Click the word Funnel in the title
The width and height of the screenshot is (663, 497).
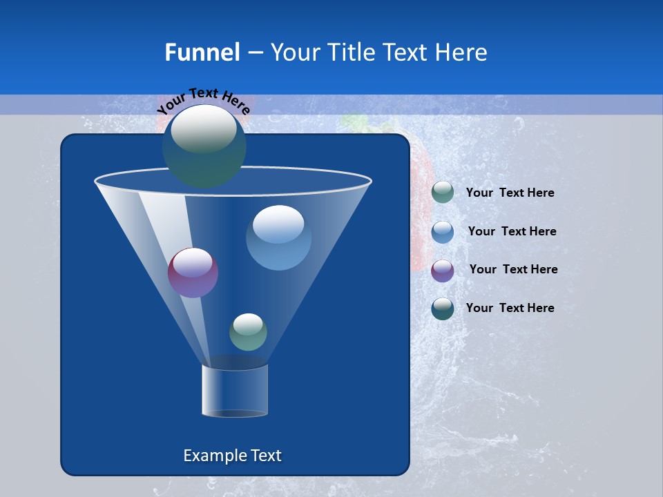coord(202,52)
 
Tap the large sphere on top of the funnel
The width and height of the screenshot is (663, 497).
coord(204,146)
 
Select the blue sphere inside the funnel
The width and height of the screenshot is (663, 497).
coord(278,237)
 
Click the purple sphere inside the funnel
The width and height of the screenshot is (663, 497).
coord(193,273)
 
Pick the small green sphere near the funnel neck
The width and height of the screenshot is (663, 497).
coord(248,332)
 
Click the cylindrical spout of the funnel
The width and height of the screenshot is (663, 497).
coord(235,390)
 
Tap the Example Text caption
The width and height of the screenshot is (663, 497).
coord(232,456)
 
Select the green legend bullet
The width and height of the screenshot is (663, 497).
coord(443,193)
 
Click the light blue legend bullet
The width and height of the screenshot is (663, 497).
coord(443,232)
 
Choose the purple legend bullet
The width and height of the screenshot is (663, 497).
coord(443,270)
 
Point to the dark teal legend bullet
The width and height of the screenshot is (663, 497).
coord(443,309)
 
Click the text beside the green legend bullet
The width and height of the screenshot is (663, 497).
coord(510,193)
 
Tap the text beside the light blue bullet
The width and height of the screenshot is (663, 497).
coord(512,231)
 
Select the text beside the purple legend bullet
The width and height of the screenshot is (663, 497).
coord(513,269)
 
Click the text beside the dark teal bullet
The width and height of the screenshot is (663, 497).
coord(510,308)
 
